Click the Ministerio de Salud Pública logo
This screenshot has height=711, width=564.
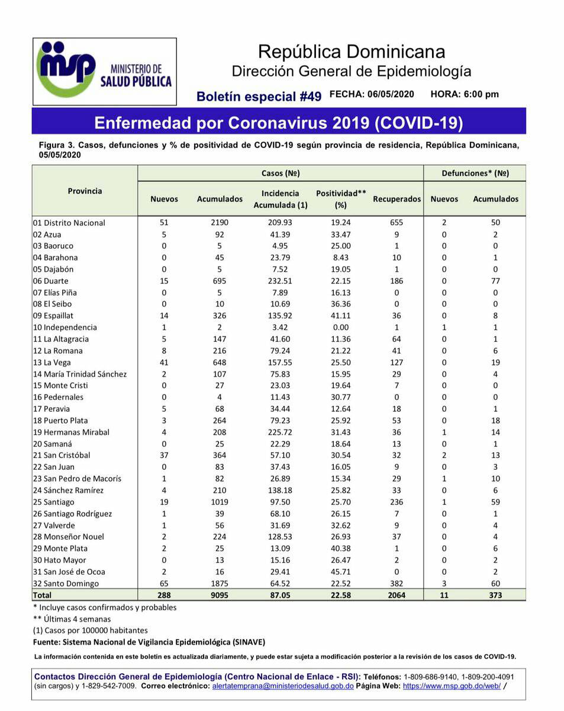point(104,71)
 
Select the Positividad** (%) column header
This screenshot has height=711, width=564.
point(340,199)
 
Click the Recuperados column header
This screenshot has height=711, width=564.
point(397,199)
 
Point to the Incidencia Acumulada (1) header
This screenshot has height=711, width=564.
point(281,199)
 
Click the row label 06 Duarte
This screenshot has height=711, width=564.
point(51,281)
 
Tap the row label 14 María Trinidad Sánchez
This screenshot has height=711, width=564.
point(80,374)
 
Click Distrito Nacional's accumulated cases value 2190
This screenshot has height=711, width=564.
point(220,223)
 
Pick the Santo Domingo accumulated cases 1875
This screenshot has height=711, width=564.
point(220,584)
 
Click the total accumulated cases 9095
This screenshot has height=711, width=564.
point(220,595)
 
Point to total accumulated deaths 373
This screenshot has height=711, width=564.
point(495,595)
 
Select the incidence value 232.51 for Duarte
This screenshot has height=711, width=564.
point(281,281)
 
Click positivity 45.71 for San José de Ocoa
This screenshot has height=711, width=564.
point(340,572)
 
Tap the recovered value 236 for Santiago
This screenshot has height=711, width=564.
point(397,502)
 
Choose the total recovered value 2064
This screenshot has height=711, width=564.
point(397,595)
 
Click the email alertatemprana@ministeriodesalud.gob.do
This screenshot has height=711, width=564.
point(283,686)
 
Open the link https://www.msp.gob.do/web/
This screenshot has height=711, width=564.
point(452,686)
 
